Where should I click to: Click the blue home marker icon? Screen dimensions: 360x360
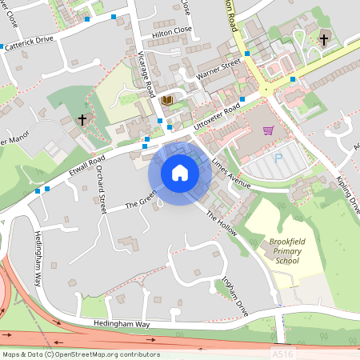(x=179, y=173)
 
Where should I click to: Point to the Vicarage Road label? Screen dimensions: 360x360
(x=146, y=70)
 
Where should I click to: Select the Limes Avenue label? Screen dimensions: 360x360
(x=231, y=172)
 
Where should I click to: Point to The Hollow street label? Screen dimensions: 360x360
(x=222, y=226)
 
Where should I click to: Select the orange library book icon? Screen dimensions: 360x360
(x=166, y=100)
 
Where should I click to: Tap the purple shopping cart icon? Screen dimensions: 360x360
(x=268, y=130)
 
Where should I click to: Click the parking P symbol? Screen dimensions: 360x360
(x=278, y=158)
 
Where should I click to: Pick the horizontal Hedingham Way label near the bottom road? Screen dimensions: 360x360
(x=121, y=324)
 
